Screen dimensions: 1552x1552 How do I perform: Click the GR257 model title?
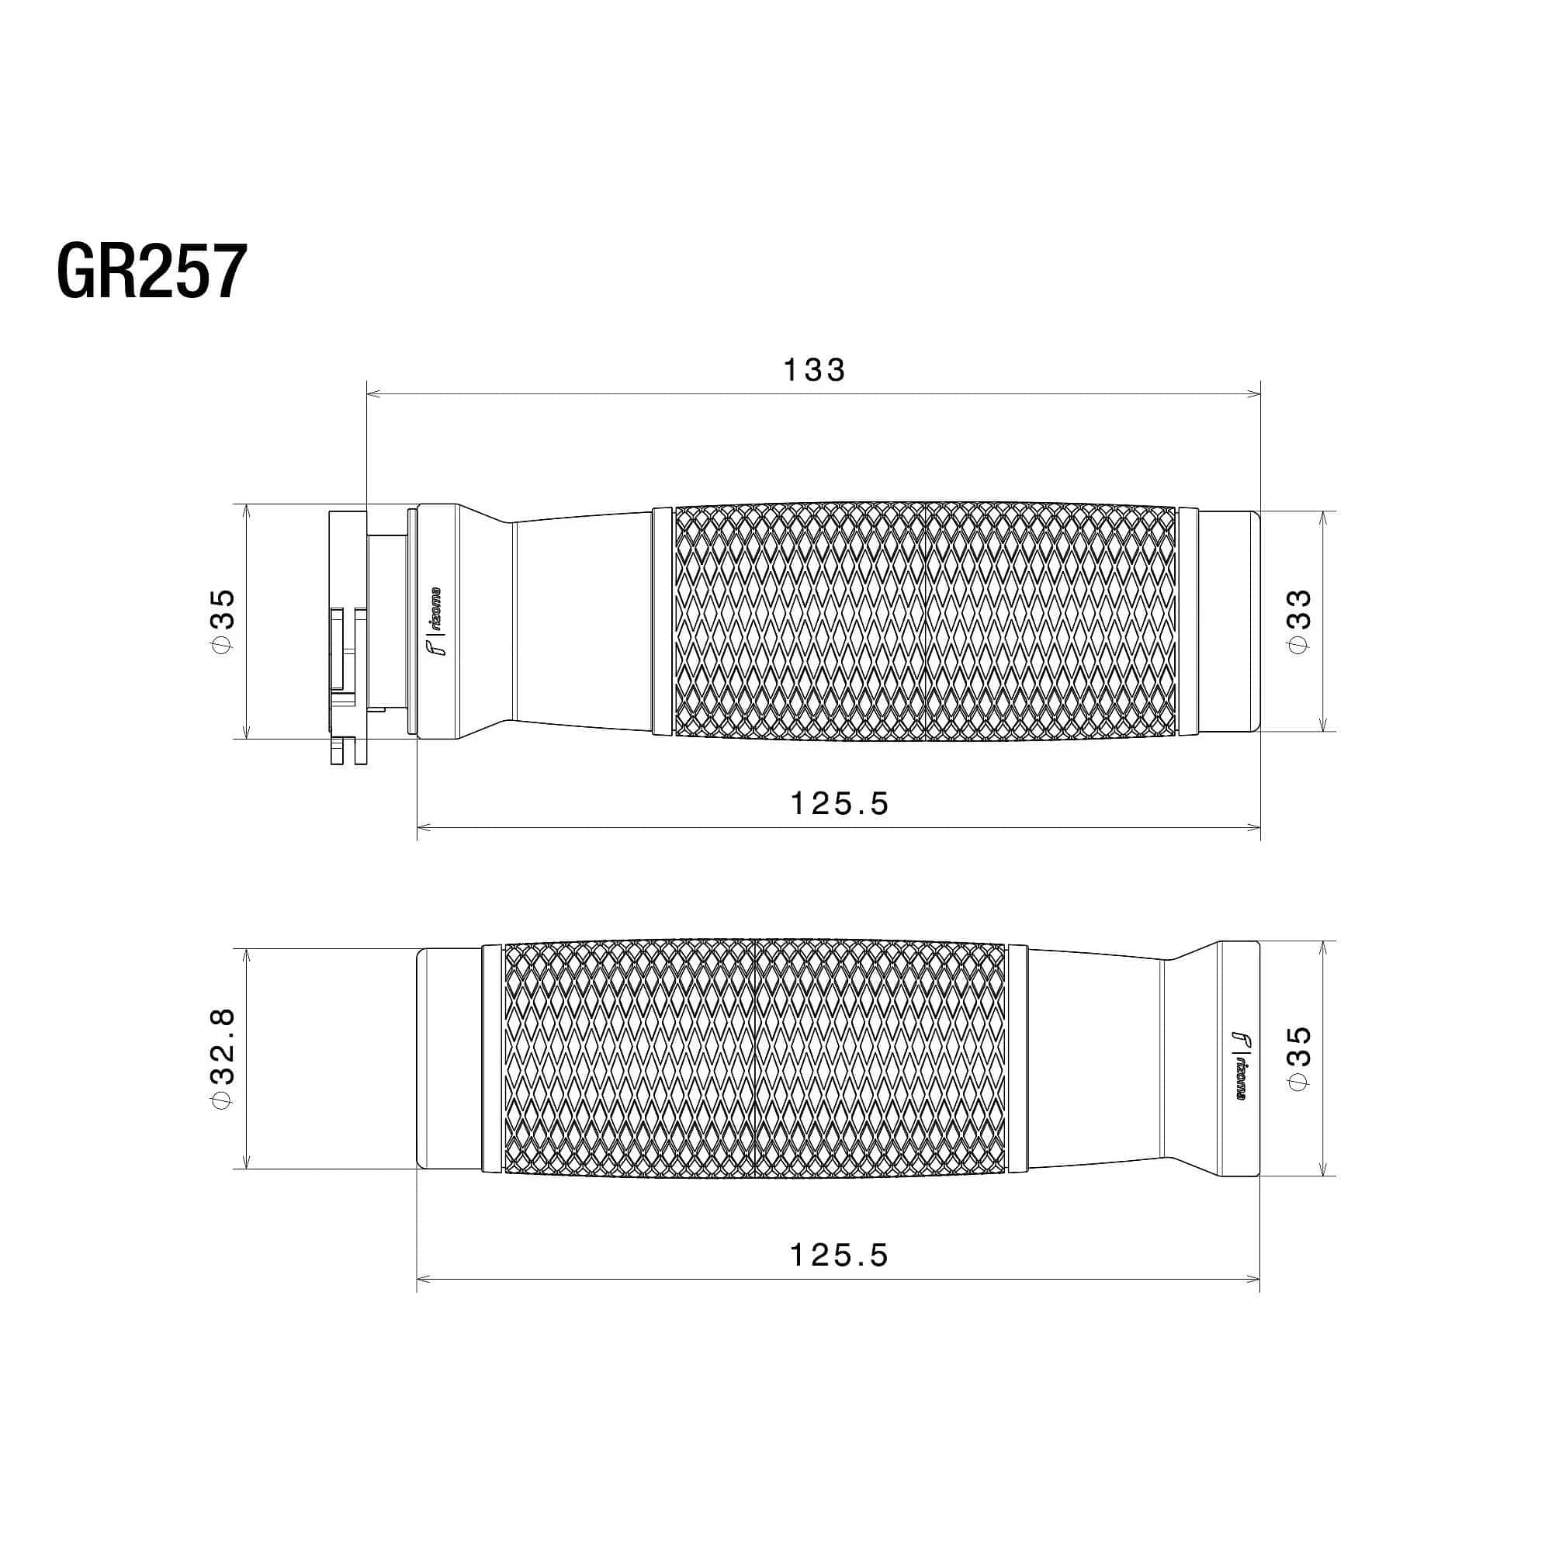(151, 272)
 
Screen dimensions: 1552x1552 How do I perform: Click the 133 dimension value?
(814, 370)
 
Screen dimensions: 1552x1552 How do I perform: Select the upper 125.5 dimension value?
(840, 803)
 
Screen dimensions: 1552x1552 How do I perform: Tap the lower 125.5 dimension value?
(840, 1255)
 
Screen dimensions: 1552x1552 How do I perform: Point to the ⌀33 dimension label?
(1299, 621)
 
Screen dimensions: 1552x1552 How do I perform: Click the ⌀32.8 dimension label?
(222, 1058)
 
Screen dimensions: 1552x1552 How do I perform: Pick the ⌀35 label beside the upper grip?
(222, 621)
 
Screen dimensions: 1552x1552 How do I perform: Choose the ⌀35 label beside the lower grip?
(1299, 1058)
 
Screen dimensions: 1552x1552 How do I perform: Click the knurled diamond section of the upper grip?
(923, 621)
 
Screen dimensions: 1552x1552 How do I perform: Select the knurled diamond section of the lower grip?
(755, 1058)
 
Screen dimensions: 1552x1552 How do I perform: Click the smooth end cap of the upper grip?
(1229, 621)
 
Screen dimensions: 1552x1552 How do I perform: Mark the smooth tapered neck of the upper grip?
(583, 621)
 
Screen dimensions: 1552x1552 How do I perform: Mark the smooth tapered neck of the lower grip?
(1093, 1058)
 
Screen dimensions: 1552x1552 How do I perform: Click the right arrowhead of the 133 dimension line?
(1255, 393)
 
